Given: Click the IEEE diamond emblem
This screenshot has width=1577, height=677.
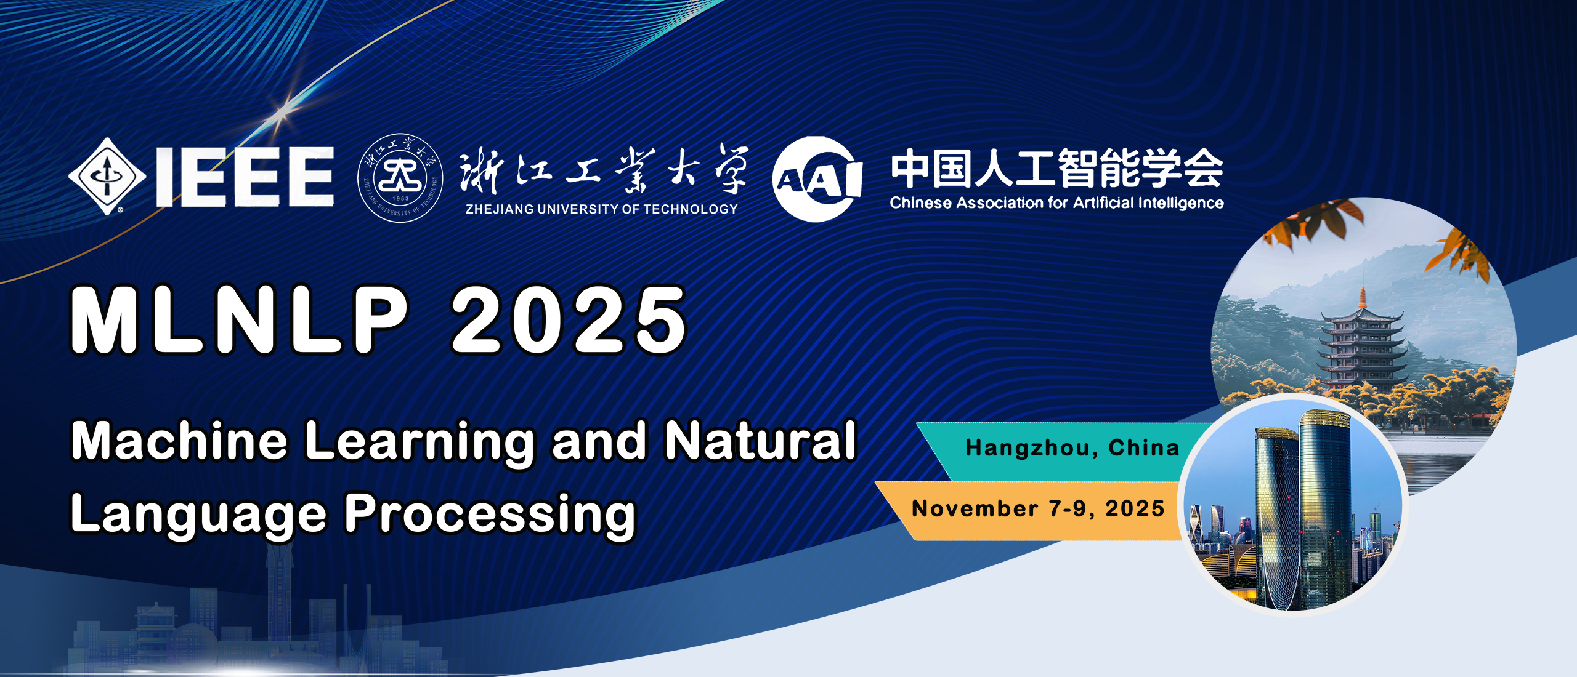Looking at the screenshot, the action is (107, 177).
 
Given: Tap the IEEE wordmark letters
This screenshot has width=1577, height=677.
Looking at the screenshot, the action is (245, 177).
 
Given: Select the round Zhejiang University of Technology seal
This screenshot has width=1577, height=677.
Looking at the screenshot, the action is (400, 178).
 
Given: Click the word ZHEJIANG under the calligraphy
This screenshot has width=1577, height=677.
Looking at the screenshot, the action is (499, 209).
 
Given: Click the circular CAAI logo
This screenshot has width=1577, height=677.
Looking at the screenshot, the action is (817, 179).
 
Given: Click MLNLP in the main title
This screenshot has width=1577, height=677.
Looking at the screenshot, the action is (240, 320).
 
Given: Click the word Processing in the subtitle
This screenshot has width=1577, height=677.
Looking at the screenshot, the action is (490, 515).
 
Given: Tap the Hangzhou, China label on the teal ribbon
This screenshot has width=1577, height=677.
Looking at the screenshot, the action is (1072, 448).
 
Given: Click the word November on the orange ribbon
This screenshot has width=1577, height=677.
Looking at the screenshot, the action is (975, 509).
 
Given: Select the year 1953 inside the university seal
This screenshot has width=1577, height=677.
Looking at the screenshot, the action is (400, 199).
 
